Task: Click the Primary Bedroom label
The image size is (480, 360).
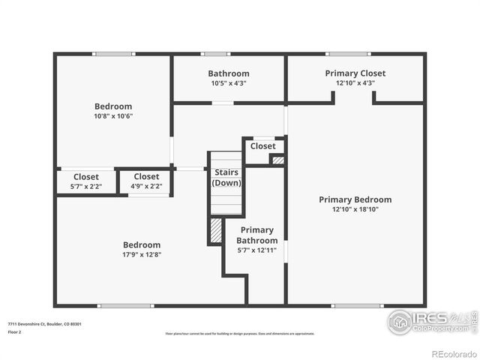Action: click(x=355, y=199)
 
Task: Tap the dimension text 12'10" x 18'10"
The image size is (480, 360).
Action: click(x=355, y=210)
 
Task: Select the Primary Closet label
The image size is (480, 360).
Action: click(x=355, y=73)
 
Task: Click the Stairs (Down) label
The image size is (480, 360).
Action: click(x=226, y=178)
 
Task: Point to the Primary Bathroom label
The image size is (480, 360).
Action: click(x=256, y=235)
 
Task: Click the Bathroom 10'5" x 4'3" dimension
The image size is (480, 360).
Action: click(x=228, y=83)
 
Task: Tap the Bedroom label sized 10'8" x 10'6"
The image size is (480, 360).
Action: click(x=113, y=106)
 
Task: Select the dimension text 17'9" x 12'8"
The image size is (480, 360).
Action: click(x=142, y=255)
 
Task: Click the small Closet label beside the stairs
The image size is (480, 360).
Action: click(x=262, y=146)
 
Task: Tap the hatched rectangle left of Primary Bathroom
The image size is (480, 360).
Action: click(x=216, y=230)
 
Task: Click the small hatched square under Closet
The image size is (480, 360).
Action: click(x=277, y=160)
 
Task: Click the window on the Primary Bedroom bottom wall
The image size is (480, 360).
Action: click(x=352, y=305)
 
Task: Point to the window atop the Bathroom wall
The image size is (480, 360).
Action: click(x=216, y=54)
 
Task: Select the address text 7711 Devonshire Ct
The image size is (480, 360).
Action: click(x=45, y=324)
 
